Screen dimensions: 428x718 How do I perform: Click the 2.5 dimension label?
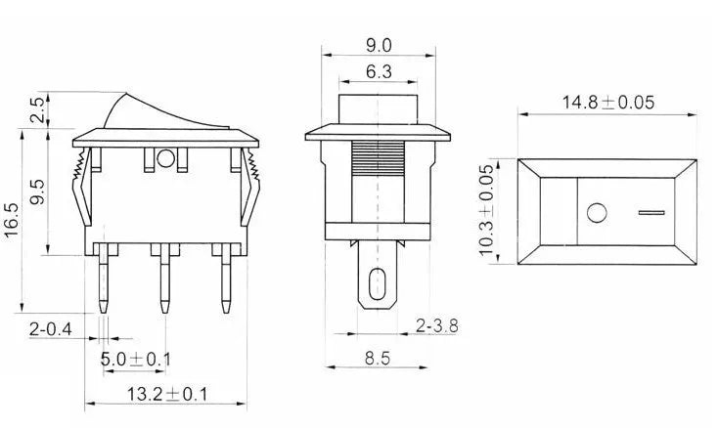point(36,110)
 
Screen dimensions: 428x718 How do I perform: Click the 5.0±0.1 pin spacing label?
point(136,360)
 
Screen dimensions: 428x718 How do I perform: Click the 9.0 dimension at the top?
point(379,45)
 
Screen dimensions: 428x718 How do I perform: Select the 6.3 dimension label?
point(379,71)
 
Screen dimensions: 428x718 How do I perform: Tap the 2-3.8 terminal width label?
point(437,323)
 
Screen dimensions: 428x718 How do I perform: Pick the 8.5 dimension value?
point(379,359)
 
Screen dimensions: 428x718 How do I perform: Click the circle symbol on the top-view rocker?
point(596,211)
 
